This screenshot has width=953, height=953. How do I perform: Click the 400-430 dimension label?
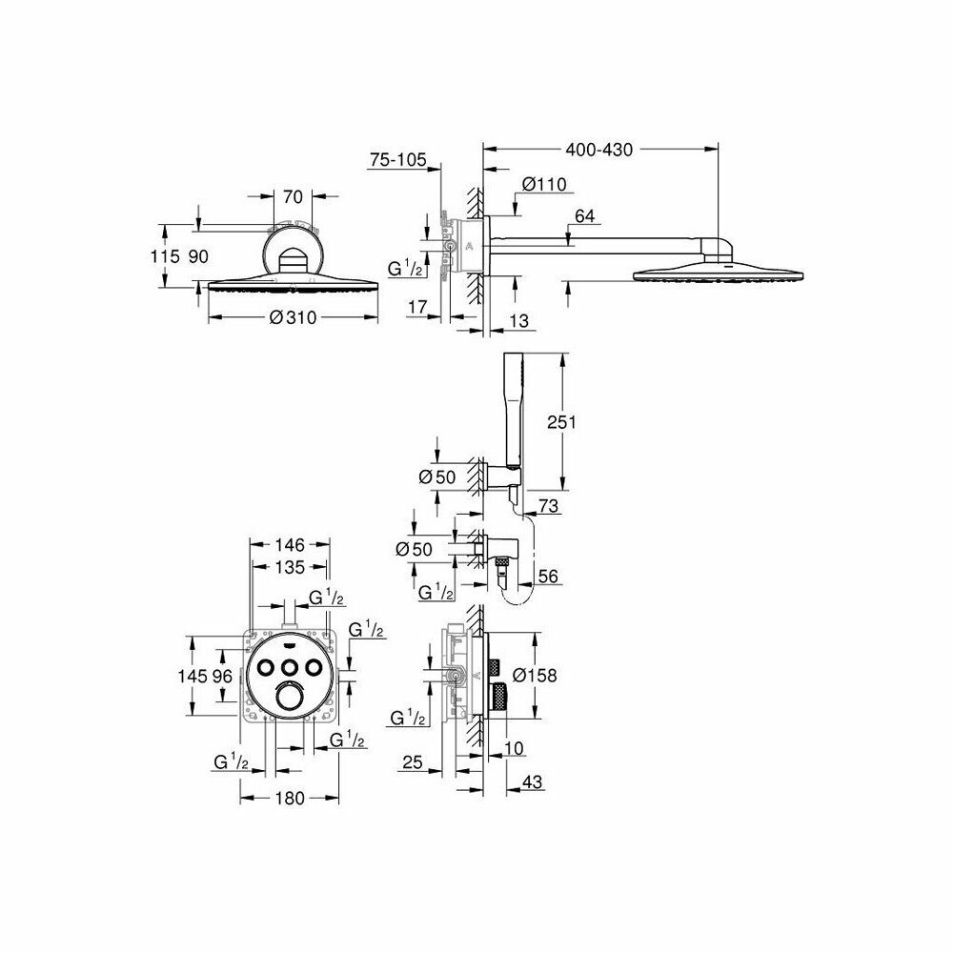pyautogui.click(x=599, y=150)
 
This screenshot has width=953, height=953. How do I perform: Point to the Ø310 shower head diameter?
pyautogui.click(x=293, y=319)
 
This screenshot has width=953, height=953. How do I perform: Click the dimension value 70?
pyautogui.click(x=293, y=197)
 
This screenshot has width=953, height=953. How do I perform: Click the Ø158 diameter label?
pyautogui.click(x=534, y=675)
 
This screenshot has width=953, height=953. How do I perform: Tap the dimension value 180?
pyautogui.click(x=290, y=798)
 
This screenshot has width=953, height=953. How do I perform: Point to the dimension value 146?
pyautogui.click(x=290, y=545)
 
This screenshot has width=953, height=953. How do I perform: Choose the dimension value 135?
pyautogui.click(x=290, y=568)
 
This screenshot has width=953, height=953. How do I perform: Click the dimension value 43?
pyautogui.click(x=534, y=781)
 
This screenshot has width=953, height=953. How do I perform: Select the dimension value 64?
pyautogui.click(x=584, y=217)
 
